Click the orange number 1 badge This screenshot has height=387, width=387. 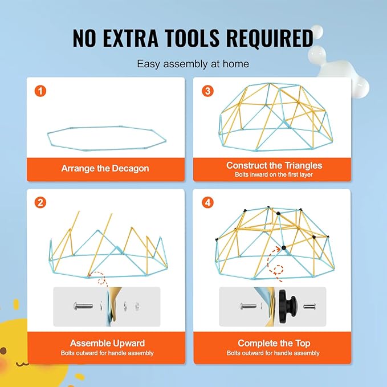click(40, 91)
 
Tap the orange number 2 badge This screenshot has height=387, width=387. click(40, 203)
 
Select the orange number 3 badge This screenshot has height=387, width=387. click(208, 91)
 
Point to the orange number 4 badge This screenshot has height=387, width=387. click(208, 203)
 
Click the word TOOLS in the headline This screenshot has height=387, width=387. click(192, 38)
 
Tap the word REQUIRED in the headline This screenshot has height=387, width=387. click(270, 38)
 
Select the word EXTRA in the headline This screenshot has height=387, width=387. click(131, 38)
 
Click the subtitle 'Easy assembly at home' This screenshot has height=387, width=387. click(193, 64)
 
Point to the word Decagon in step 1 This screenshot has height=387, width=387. click(131, 169)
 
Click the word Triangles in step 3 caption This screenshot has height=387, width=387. click(303, 165)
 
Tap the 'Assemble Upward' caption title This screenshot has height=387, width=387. click(107, 343)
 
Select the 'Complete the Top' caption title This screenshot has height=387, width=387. click(274, 343)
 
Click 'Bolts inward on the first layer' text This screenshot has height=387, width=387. click(274, 175)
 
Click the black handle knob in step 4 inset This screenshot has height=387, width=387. click(288, 307)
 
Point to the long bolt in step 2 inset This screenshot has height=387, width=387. click(83, 306)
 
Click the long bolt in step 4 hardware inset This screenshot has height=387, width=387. click(248, 307)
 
